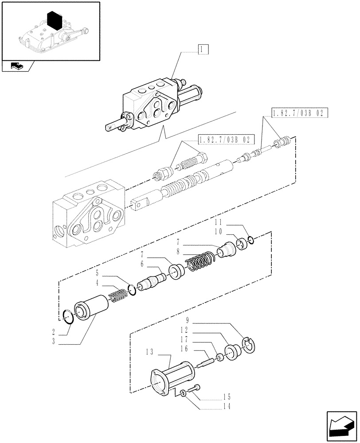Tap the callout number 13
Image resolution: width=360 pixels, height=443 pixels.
pos(149,352)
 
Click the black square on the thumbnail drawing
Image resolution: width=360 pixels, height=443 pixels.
pos(54,21)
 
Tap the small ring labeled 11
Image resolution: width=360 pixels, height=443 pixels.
pos(250,240)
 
